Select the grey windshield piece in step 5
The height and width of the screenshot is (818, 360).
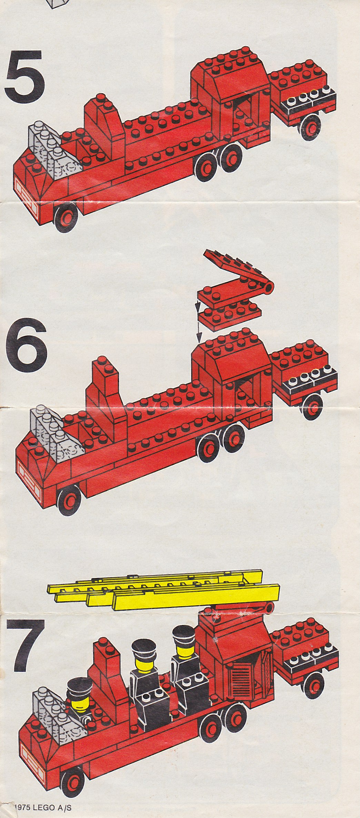[57, 152]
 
